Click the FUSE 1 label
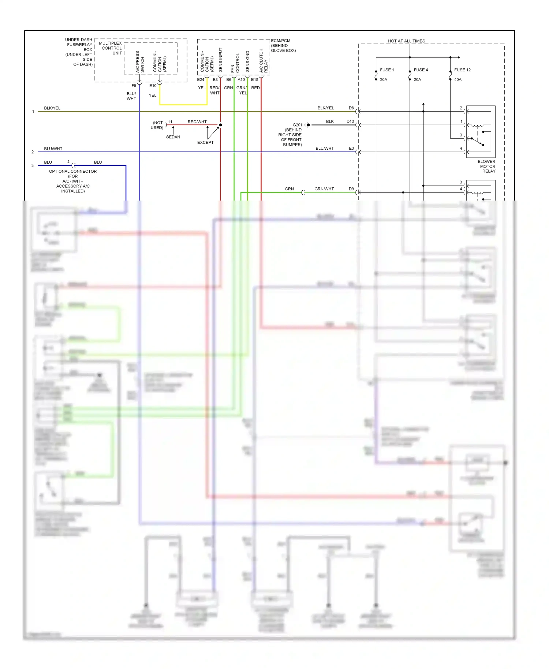(x=387, y=70)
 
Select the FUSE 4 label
(x=421, y=70)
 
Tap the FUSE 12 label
(x=462, y=70)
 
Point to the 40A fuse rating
(x=458, y=79)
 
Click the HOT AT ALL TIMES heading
(x=406, y=41)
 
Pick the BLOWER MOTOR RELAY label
(x=487, y=166)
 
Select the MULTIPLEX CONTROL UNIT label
(x=111, y=48)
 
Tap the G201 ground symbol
(x=308, y=125)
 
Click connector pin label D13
(x=350, y=122)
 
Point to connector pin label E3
(x=351, y=148)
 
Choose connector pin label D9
(x=351, y=189)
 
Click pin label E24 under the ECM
(x=201, y=79)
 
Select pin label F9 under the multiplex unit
(x=134, y=86)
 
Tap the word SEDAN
(x=173, y=137)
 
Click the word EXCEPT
(x=205, y=142)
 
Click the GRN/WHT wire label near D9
(x=324, y=189)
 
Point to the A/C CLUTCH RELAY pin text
(x=264, y=60)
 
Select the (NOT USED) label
(x=157, y=125)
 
